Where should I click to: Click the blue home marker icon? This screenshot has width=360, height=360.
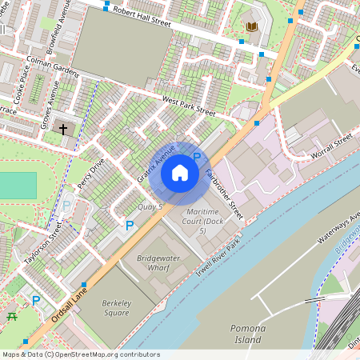tap(180, 172)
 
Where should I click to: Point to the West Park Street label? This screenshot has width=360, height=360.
tap(189, 106)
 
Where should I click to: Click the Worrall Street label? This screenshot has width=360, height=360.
tap(333, 144)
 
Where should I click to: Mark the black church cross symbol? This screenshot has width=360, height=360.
tap(62, 128)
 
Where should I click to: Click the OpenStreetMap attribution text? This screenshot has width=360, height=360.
tap(80, 354)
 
